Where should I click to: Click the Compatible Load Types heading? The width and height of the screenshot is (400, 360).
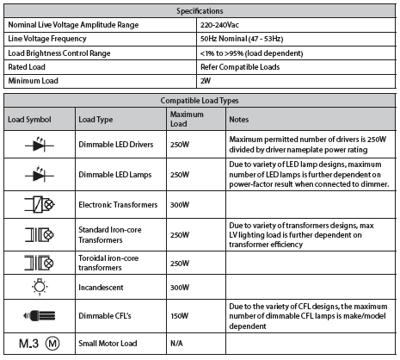tap(200, 101)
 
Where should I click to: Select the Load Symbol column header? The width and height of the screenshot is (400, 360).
tap(30, 118)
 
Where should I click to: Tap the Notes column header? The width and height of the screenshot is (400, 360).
tap(239, 118)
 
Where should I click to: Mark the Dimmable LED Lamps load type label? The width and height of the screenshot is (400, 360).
tap(114, 173)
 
